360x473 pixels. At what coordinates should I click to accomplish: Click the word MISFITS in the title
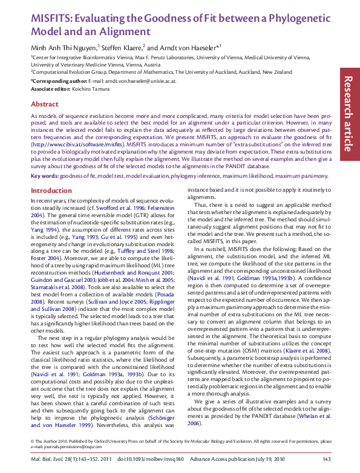coord(50,18)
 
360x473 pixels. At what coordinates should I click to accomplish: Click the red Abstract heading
coord(45,103)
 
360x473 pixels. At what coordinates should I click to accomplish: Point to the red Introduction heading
coord(51,191)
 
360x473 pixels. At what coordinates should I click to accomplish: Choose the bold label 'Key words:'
coord(44,176)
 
